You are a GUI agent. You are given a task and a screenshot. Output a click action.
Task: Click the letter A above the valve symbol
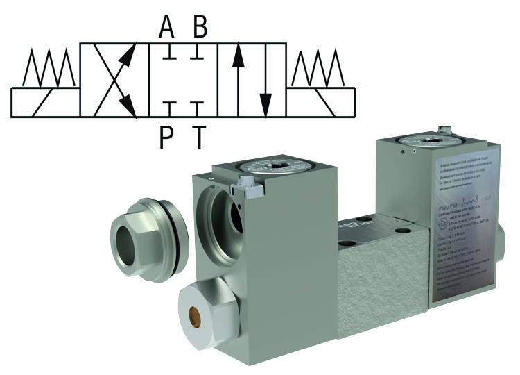point(166,27)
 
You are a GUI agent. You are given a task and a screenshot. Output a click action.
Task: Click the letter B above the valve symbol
point(200,27)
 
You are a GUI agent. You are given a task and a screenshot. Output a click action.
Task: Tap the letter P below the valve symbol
point(166,137)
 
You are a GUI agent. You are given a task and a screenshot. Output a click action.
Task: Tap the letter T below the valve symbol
point(199,137)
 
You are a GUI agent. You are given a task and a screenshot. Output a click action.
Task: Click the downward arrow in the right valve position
point(265,80)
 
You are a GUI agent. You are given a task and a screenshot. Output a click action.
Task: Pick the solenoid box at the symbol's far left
point(45,101)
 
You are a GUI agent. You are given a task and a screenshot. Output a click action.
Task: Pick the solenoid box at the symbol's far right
point(320,101)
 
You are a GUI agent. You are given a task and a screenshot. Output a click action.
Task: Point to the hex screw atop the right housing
point(445,130)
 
